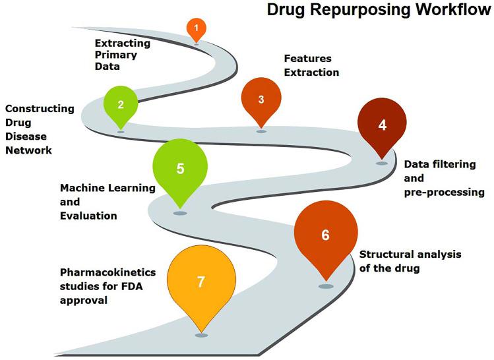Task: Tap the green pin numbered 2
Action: pos(121,104)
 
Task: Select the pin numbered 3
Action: pos(261,100)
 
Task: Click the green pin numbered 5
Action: pos(180,169)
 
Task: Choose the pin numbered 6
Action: pos(325,235)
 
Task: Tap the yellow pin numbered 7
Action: pos(201,282)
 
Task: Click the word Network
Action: pos(28,150)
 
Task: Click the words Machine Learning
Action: pos(108,188)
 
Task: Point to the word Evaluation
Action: pos(88,216)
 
